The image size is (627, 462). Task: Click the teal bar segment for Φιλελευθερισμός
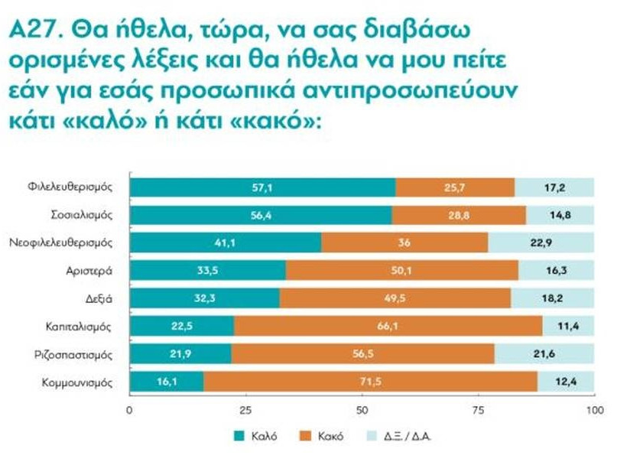262,187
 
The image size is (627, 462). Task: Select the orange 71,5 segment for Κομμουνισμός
370,382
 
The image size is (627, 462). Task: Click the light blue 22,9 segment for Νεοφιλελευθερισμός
541,243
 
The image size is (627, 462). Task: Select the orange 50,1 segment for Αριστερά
401,271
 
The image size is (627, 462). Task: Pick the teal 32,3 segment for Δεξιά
204,298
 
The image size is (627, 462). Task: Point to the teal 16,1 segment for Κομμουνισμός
167,382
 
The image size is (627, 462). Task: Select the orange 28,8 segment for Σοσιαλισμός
458,216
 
